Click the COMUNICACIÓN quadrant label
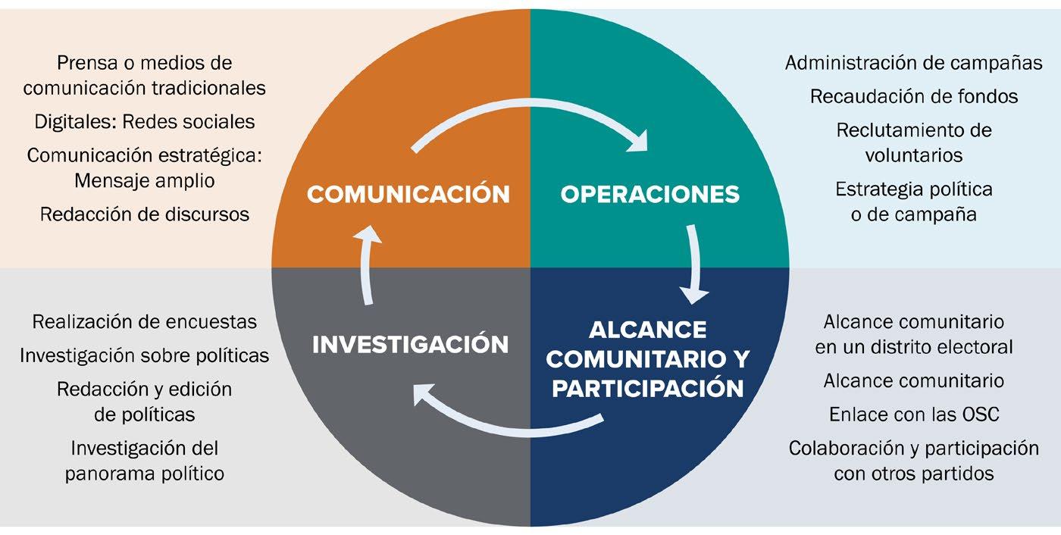tap(408, 193)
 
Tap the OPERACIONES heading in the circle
tap(649, 194)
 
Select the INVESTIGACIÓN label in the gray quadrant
tap(410, 344)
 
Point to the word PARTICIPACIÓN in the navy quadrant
tap(647, 388)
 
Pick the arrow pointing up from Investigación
tap(367, 265)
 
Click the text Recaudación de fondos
tap(913, 96)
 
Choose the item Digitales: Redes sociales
tap(144, 121)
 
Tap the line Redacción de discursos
tap(144, 214)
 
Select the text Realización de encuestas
tap(144, 321)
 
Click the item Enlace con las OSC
tap(913, 415)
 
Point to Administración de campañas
tap(913, 63)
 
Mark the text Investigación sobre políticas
tap(144, 355)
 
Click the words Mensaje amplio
tap(144, 180)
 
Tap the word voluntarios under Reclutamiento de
tap(913, 155)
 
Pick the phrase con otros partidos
tap(913, 474)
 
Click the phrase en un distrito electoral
tap(913, 348)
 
